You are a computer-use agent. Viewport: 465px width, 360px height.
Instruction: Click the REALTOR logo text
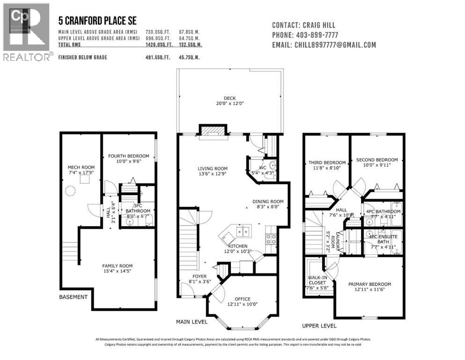[28, 57]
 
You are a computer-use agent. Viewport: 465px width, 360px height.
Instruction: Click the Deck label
[229, 98]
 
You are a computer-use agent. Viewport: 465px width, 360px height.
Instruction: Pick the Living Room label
[212, 169]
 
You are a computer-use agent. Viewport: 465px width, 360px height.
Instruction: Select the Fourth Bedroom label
[128, 156]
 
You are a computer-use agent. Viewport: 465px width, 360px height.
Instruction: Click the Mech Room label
[81, 167]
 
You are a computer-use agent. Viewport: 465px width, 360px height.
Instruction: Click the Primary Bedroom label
[369, 285]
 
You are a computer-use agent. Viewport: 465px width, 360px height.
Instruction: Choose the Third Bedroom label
[327, 163]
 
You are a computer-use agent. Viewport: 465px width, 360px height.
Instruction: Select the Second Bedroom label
[376, 160]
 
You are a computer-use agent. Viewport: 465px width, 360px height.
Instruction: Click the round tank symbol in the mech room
[70, 190]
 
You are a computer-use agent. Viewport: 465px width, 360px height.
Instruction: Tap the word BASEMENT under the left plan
[73, 297]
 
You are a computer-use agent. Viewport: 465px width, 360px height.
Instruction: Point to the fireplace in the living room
[213, 132]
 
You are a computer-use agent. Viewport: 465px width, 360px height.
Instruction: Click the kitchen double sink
[243, 231]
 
